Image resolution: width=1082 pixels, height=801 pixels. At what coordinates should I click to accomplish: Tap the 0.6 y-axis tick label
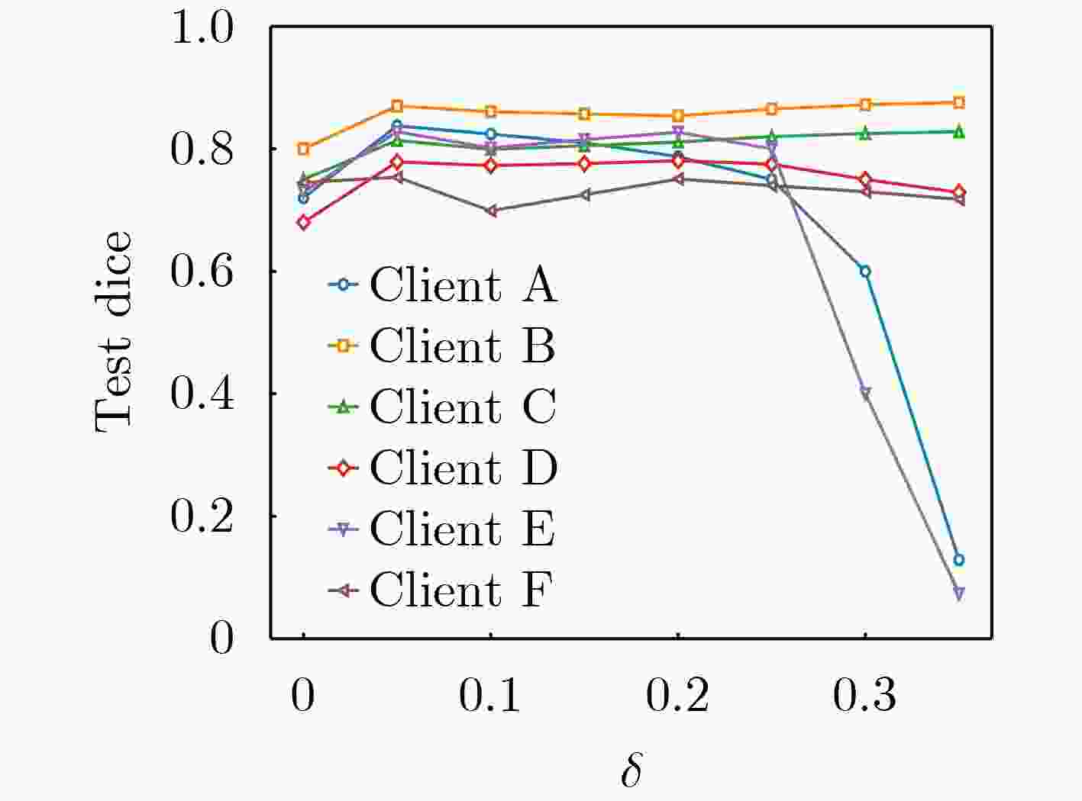(202, 272)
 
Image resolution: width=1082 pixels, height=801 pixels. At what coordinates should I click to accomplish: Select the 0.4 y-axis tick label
(202, 394)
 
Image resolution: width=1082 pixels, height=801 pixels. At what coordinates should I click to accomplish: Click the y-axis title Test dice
(113, 332)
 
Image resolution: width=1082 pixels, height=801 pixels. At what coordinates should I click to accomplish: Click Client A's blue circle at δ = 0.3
(865, 272)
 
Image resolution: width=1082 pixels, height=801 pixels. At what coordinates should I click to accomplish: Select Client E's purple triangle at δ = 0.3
(865, 394)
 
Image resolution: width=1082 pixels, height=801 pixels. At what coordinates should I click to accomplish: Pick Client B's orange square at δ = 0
(304, 149)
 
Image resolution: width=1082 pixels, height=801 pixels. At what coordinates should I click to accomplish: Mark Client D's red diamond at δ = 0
(304, 223)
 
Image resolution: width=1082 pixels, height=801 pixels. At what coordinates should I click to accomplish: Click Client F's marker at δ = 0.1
(491, 211)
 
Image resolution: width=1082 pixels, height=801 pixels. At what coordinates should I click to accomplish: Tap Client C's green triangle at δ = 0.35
(959, 131)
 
